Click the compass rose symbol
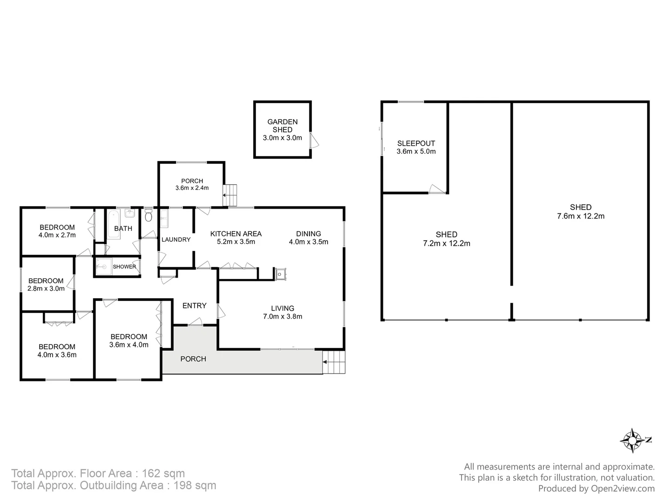pos(633,440)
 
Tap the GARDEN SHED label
pos(282,126)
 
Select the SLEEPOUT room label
pos(416,143)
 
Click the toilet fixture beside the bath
pos(148,216)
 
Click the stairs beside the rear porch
pos(230,195)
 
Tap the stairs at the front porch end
pos(335,362)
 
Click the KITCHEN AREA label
pos(236,234)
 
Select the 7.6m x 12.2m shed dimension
pos(581,216)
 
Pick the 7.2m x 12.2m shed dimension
pos(446,244)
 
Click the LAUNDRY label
pos(176,239)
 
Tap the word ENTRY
pos(194,306)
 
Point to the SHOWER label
pos(124,267)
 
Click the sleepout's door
pos(436,189)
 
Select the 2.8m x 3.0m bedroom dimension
pos(46,289)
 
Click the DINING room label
pos(308,234)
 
